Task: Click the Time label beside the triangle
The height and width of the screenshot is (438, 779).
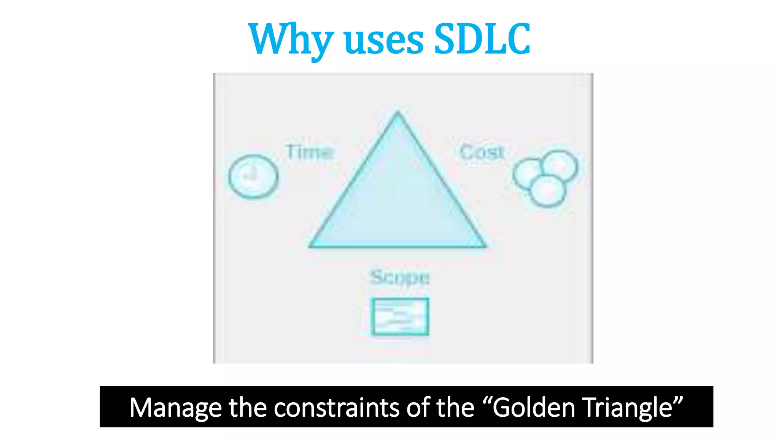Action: click(310, 152)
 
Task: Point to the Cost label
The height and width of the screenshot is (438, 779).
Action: click(482, 152)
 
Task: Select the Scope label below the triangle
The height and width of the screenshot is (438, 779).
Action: click(400, 278)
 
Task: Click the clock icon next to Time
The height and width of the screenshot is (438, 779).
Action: click(253, 176)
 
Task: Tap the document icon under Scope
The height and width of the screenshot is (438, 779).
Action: click(400, 317)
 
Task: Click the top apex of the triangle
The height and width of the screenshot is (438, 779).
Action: click(398, 113)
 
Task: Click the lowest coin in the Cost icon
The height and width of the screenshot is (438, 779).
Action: click(548, 191)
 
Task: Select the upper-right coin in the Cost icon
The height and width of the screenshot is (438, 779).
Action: click(560, 166)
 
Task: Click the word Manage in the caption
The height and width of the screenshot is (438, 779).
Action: click(175, 408)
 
